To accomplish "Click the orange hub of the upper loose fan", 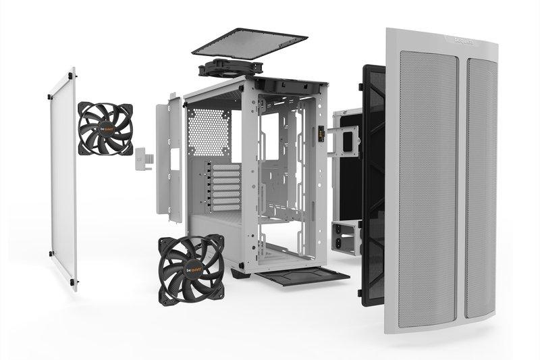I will [x=105, y=128].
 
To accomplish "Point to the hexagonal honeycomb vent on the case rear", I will [x=208, y=132].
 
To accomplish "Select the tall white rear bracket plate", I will [x=169, y=159].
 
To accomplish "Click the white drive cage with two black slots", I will [x=348, y=236].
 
